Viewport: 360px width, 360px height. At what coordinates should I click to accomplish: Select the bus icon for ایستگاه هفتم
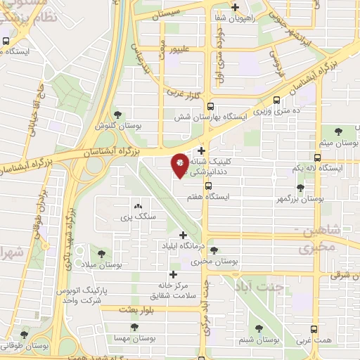coord(207,186)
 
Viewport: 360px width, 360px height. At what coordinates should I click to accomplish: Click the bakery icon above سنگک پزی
coord(138,207)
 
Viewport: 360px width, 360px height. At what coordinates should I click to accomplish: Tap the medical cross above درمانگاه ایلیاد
coord(184,235)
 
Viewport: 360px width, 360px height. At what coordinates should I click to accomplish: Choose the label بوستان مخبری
coord(214,262)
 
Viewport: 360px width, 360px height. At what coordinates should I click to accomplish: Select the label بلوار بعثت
coord(136,309)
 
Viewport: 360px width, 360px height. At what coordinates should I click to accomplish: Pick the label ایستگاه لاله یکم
coord(316,169)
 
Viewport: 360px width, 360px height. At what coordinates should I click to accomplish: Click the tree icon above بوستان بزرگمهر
coord(301,188)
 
